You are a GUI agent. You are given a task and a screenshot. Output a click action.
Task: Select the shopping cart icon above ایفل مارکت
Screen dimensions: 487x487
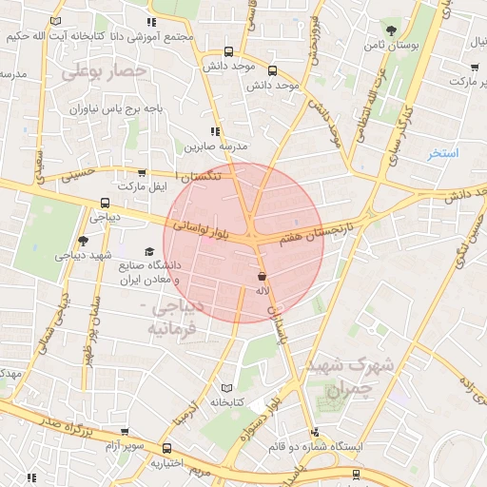[x=142, y=173]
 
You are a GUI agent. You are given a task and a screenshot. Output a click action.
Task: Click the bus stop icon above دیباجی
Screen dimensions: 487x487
[x=104, y=202]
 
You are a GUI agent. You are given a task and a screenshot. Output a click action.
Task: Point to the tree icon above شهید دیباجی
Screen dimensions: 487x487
[x=83, y=241]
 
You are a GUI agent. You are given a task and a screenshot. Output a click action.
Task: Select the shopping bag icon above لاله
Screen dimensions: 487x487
[x=262, y=276]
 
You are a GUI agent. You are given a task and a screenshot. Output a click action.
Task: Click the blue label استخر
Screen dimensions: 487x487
[x=442, y=153]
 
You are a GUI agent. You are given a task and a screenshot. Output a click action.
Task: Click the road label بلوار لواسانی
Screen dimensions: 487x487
[x=201, y=227]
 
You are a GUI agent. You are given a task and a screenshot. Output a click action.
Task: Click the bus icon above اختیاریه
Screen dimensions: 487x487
[x=167, y=448]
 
